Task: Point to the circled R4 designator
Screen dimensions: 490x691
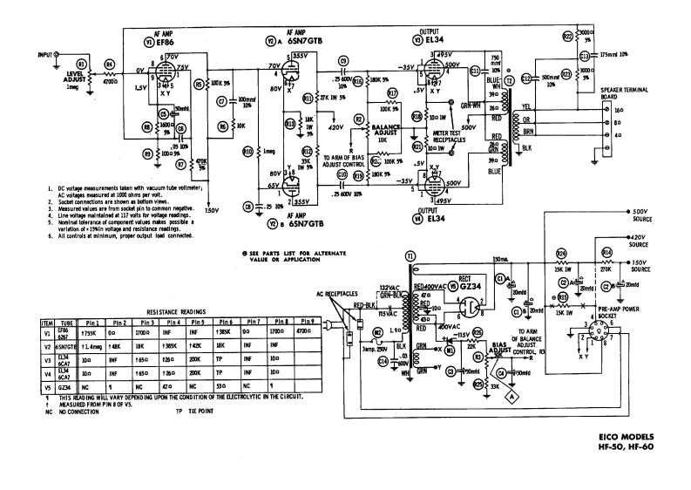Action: tap(109, 63)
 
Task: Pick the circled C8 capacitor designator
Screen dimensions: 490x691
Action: tap(249, 207)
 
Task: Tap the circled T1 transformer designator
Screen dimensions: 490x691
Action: tap(410, 256)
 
